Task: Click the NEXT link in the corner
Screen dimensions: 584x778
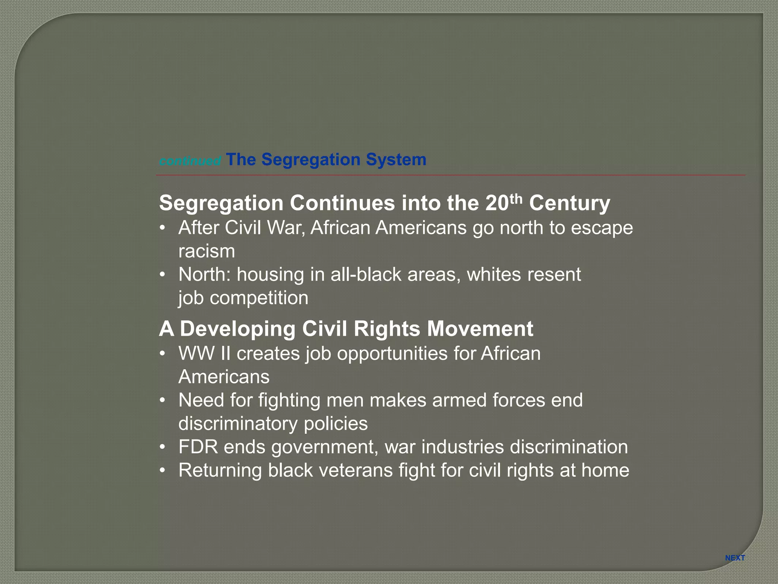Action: pyautogui.click(x=735, y=558)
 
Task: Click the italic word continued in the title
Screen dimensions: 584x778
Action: pyautogui.click(x=190, y=161)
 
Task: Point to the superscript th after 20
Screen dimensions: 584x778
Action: pyautogui.click(x=516, y=198)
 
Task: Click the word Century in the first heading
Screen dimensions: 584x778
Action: pyautogui.click(x=569, y=203)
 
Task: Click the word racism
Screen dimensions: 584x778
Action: pyautogui.click(x=207, y=251)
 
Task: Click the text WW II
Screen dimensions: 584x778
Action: pyautogui.click(x=204, y=354)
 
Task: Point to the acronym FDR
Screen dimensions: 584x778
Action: pyautogui.click(x=198, y=447)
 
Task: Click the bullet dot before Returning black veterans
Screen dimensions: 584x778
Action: pyautogui.click(x=163, y=471)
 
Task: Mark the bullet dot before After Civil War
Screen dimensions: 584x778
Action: pyautogui.click(x=163, y=228)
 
